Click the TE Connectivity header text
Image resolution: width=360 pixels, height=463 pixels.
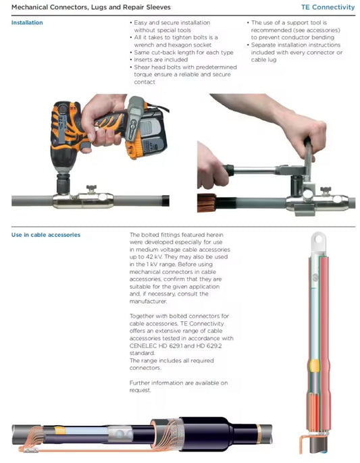[328, 7]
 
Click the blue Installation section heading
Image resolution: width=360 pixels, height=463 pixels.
[27, 23]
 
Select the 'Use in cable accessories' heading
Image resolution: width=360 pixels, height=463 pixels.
[46, 235]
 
